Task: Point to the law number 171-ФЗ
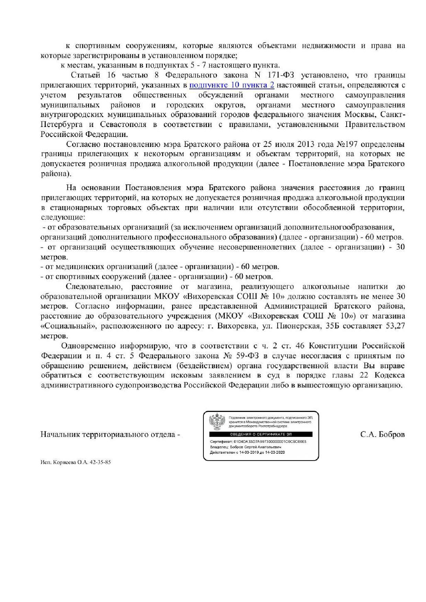click(277, 75)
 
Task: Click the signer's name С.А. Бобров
click(382, 435)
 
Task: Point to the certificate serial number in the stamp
click(270, 441)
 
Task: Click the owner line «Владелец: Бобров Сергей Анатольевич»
click(245, 447)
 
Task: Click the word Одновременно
click(88, 346)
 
